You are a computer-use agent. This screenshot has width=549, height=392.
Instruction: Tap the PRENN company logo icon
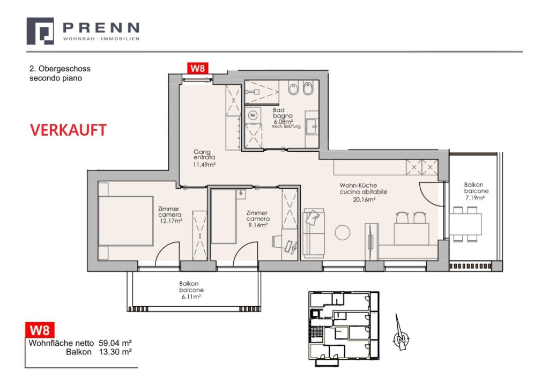click(x=40, y=31)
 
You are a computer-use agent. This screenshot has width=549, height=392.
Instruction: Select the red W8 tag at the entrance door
click(x=196, y=68)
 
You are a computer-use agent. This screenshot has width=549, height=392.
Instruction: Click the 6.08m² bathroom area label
click(x=282, y=122)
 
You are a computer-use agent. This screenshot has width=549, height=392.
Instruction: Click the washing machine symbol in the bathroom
click(x=253, y=114)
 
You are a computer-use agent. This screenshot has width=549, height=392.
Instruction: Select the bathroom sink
click(x=312, y=127)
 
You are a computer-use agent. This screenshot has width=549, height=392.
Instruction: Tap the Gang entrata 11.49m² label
click(x=204, y=159)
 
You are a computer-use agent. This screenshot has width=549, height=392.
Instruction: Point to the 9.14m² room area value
click(x=257, y=226)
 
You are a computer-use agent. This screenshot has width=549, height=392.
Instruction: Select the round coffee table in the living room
click(x=343, y=232)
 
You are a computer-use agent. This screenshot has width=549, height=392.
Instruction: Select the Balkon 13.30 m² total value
click(x=115, y=352)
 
